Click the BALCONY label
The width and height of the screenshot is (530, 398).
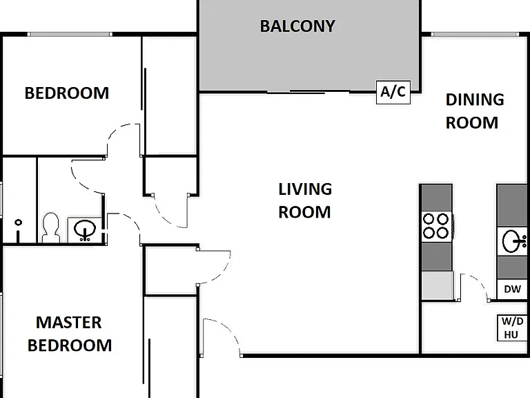297,26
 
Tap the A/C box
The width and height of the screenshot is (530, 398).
393,92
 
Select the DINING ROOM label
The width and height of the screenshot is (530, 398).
475,111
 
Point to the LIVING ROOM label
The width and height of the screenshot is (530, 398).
305,200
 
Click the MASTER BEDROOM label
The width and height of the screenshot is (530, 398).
69,334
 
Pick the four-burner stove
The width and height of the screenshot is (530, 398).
436,226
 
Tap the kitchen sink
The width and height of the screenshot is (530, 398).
513,241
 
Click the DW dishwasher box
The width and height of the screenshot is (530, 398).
512,289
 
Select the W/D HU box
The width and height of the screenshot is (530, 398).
513,328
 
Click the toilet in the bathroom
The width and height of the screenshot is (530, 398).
51,227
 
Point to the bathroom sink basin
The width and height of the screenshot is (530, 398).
85,229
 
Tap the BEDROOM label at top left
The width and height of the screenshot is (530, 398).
67,93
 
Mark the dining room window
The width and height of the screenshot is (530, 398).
474,34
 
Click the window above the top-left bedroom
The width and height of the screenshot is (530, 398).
70,34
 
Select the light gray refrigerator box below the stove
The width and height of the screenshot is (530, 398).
437,285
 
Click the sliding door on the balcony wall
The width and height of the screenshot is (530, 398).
308,91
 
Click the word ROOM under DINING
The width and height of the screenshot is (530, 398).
472,122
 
